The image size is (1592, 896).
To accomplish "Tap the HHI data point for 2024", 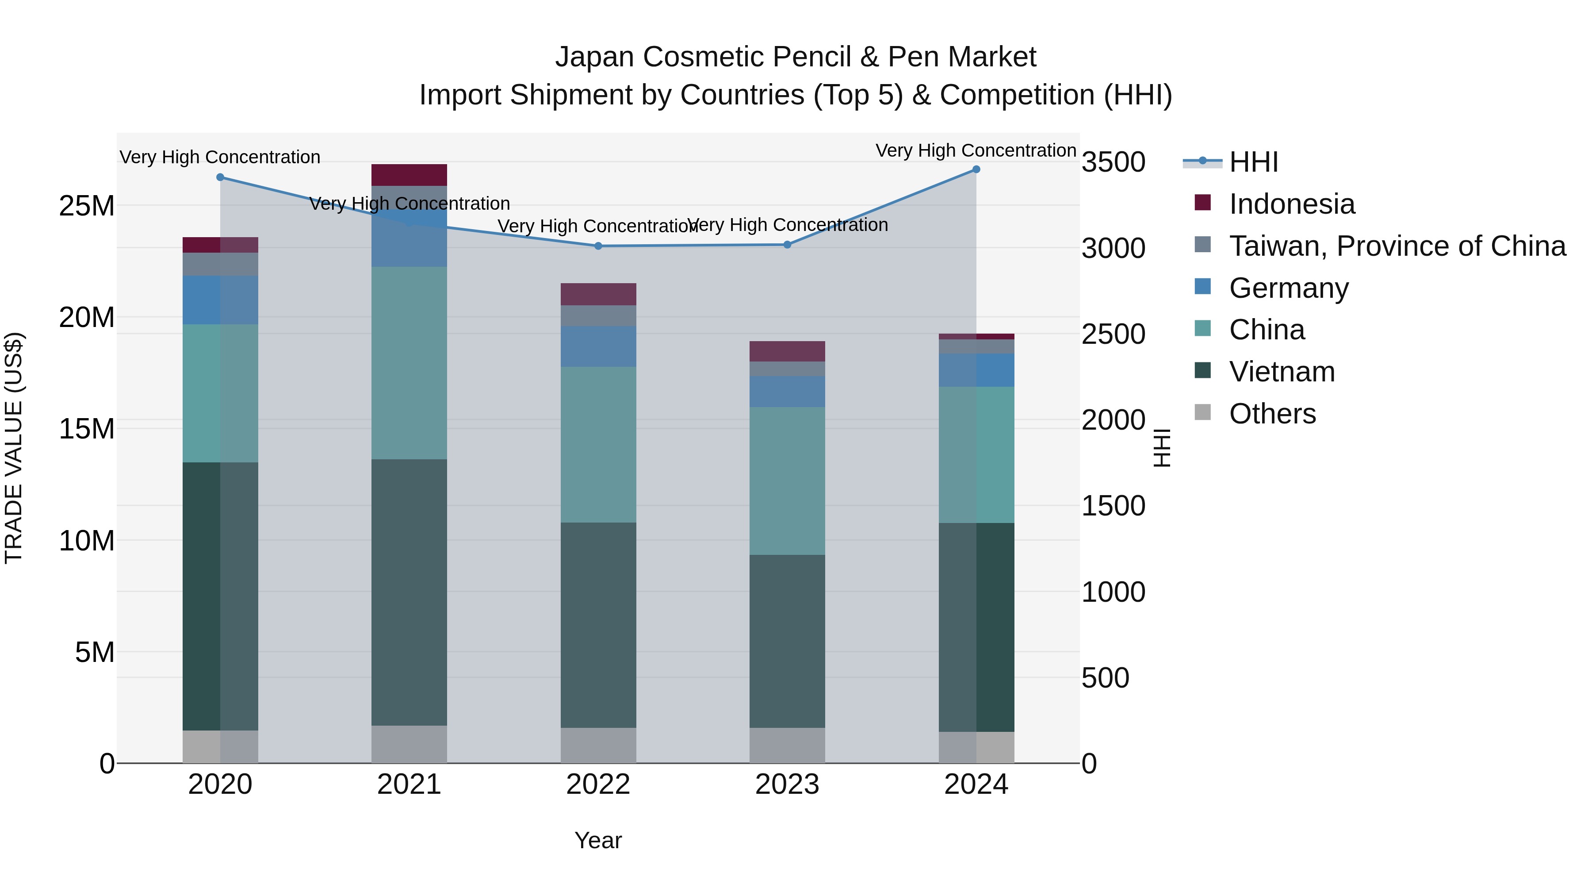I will pyautogui.click(x=976, y=169).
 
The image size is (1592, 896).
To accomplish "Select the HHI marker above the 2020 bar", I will pyautogui.click(x=220, y=177).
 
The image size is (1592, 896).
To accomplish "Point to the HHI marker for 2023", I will pyautogui.click(x=787, y=245).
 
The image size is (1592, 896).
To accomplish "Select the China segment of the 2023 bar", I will pyautogui.click(x=787, y=481).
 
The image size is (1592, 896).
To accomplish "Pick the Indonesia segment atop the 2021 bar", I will pyautogui.click(x=409, y=175).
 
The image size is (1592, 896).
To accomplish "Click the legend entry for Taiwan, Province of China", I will pyautogui.click(x=1397, y=246).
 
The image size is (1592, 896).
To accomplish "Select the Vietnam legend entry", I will pyautogui.click(x=1281, y=372).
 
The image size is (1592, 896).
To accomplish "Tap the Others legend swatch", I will pyautogui.click(x=1203, y=412).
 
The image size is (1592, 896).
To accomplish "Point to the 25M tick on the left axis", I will pyautogui.click(x=87, y=206).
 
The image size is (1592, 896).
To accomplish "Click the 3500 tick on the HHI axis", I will pyautogui.click(x=1113, y=163).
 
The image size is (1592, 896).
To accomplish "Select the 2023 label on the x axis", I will pyautogui.click(x=787, y=784).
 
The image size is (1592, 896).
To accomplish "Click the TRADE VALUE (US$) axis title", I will pyautogui.click(x=14, y=448).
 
